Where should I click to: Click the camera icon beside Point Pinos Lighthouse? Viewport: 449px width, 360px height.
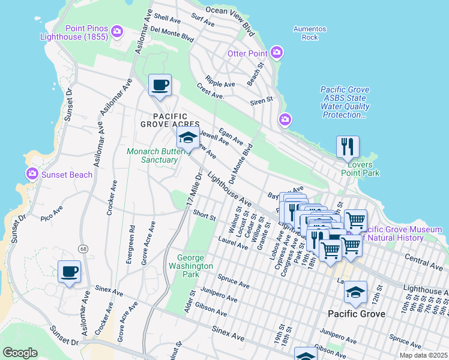click(117, 30)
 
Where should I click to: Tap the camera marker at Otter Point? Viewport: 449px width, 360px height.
click(276, 53)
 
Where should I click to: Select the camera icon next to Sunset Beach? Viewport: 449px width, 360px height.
click(32, 175)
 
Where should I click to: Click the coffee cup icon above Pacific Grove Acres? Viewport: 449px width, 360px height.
click(160, 85)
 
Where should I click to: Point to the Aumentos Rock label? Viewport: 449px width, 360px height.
click(310, 33)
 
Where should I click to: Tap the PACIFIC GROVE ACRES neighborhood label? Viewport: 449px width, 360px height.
click(167, 120)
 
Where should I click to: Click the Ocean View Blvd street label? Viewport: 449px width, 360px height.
click(230, 10)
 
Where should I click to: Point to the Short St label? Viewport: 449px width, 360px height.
click(204, 217)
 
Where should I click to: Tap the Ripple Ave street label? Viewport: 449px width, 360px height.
click(220, 81)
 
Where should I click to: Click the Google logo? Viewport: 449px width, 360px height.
click(20, 353)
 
